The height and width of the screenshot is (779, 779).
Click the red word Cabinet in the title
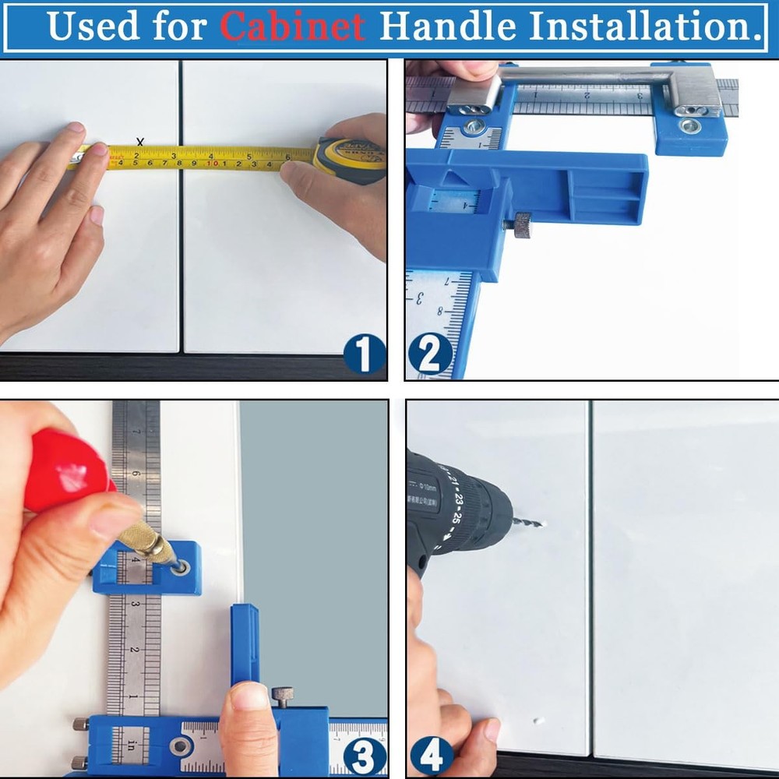[x=292, y=26]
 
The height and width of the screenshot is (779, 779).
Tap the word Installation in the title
[x=647, y=26]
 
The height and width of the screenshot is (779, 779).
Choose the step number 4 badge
[x=432, y=754]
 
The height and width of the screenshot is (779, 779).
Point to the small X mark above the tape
[x=140, y=142]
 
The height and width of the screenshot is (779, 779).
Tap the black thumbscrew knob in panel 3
[x=282, y=694]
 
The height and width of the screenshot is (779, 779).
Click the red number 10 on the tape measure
[x=211, y=164]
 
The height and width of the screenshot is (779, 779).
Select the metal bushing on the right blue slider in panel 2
[x=689, y=125]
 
